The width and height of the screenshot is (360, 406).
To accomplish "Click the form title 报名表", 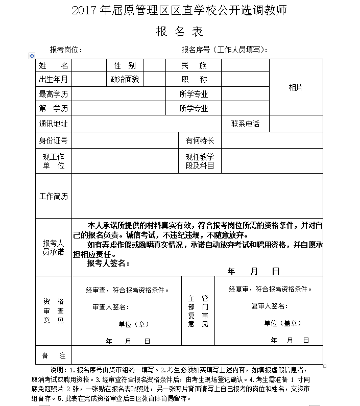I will pos(180,32).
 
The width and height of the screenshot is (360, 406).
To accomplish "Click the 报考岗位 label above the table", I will pos(65,50).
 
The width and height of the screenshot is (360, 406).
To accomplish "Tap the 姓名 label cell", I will pos(54,66).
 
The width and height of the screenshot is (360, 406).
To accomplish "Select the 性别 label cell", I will pos(125,66).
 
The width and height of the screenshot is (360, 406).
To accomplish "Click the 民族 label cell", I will pos(194,66).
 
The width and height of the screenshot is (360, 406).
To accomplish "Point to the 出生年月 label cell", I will pos(54,80).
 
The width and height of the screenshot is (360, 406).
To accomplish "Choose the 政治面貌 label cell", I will pos(125,80).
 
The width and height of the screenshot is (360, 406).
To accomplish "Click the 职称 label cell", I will pos(194,80).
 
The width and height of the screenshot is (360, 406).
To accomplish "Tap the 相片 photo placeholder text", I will pos(296,87).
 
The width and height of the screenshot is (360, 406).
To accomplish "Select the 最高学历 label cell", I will pos(54,94).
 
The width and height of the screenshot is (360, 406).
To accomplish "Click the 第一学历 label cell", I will pos(54,108).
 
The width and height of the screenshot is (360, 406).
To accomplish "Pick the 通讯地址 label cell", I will pos(54,124).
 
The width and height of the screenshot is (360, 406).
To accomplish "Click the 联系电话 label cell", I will pos(245,124).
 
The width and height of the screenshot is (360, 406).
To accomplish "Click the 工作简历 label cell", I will pos(54,196).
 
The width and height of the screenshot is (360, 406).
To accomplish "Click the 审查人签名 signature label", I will pos(111,307).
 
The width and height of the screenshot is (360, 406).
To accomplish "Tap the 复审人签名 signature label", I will pos(270,306).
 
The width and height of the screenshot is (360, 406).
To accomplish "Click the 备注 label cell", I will pos(54,355).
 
